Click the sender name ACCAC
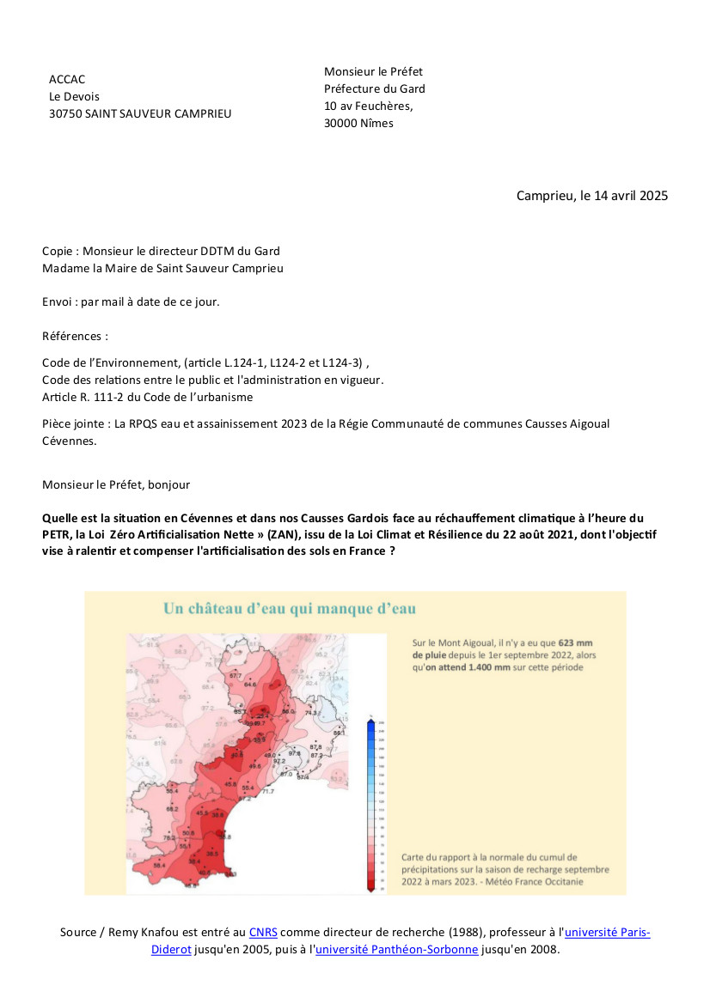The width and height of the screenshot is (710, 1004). [67, 80]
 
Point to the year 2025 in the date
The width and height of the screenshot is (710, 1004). [653, 196]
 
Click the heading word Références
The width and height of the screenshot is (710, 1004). [75, 336]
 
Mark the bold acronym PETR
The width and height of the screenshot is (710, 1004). [56, 535]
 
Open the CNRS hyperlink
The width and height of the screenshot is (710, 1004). [262, 933]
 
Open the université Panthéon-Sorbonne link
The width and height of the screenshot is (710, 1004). [396, 950]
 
